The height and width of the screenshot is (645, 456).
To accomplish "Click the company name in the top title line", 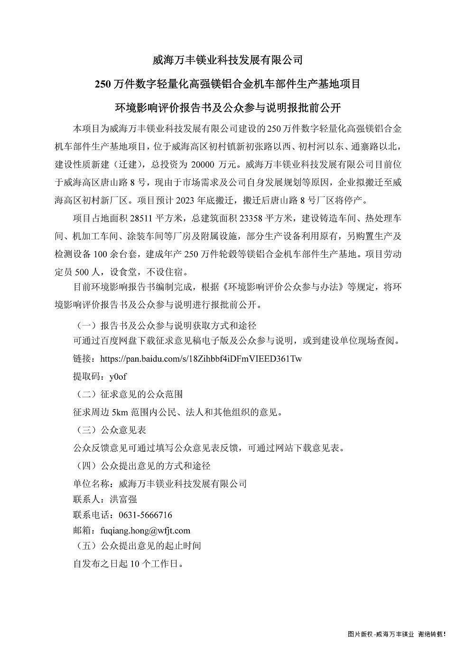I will pos(227,60).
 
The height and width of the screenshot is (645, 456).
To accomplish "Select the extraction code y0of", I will pos(118,376).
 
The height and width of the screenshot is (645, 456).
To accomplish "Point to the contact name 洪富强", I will pos(123,499).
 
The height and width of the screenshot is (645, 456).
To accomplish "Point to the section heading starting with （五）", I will pos(138,546).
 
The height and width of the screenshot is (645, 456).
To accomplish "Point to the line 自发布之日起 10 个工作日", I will pos(128,564).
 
